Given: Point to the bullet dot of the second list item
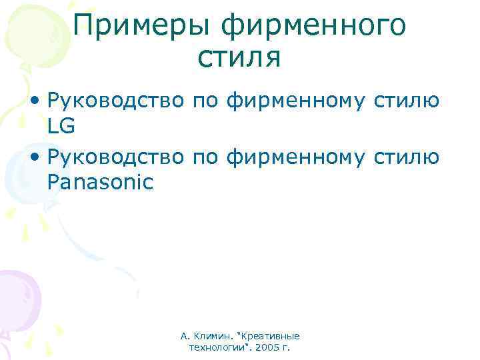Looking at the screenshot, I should point(33,158).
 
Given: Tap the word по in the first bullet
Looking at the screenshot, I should point(206,101).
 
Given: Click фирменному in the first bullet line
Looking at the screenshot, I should point(295,101).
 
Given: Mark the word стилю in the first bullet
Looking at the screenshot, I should point(405,101).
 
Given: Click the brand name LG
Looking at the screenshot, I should point(61,125).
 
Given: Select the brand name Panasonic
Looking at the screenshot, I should point(100,181).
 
